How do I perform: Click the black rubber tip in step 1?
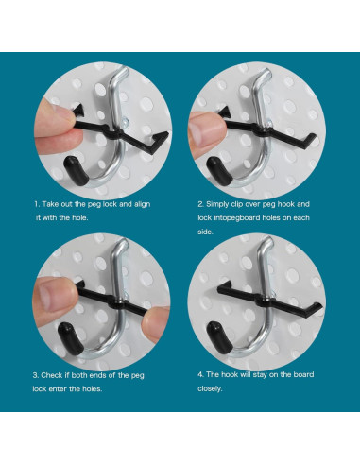click(x=77, y=171)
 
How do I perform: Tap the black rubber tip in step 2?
click(x=219, y=172)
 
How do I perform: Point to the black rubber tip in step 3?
click(x=71, y=338)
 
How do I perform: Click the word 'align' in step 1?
click(x=143, y=204)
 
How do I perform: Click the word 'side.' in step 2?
click(x=205, y=232)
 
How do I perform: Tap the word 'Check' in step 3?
click(x=52, y=375)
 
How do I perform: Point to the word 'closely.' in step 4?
click(x=210, y=388)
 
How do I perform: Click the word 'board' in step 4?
click(x=303, y=374)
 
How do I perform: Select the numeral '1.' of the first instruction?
click(x=37, y=204)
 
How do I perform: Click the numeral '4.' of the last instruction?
click(x=200, y=374)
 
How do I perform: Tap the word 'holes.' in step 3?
click(x=93, y=388)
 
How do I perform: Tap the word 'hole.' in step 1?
click(x=80, y=217)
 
